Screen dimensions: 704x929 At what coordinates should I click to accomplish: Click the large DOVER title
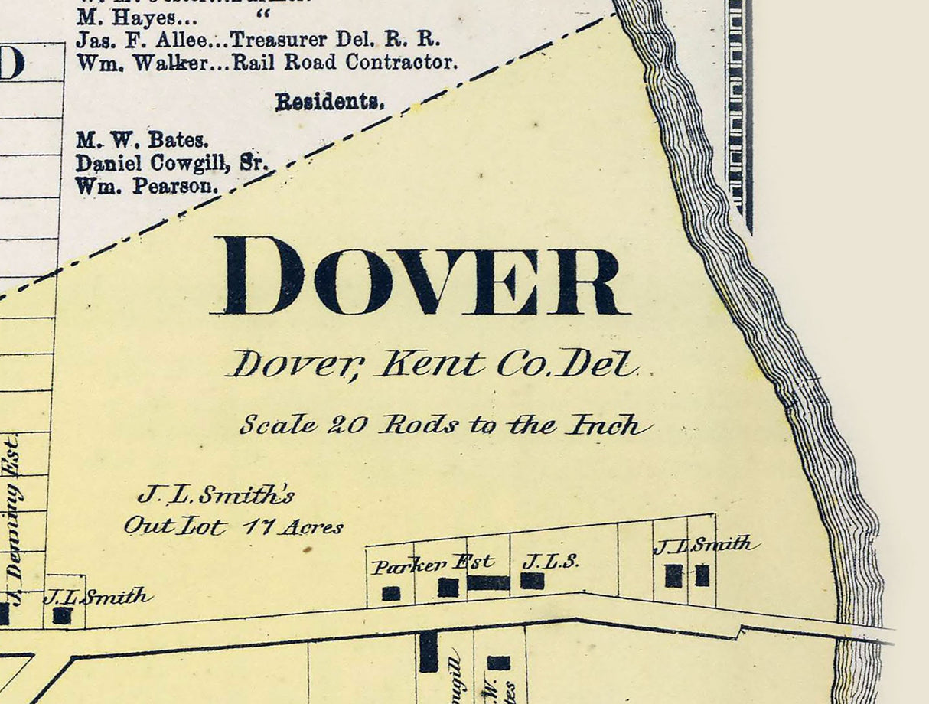pyautogui.click(x=423, y=275)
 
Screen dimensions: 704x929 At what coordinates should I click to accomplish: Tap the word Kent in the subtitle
pyautogui.click(x=431, y=364)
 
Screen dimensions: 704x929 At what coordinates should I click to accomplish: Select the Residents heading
pyautogui.click(x=330, y=102)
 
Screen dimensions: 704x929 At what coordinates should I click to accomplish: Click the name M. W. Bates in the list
pyautogui.click(x=142, y=141)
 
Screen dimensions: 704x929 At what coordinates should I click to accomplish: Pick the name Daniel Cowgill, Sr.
pyautogui.click(x=169, y=163)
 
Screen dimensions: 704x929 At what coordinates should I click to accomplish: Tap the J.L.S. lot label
pyautogui.click(x=550, y=562)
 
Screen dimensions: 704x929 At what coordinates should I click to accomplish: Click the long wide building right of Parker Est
pyautogui.click(x=488, y=583)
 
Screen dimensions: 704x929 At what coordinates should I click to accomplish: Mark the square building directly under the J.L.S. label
pyautogui.click(x=533, y=581)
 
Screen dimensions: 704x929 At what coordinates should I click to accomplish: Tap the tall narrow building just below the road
pyautogui.click(x=429, y=652)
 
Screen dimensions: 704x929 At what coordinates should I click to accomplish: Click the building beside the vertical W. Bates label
pyautogui.click(x=498, y=663)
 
